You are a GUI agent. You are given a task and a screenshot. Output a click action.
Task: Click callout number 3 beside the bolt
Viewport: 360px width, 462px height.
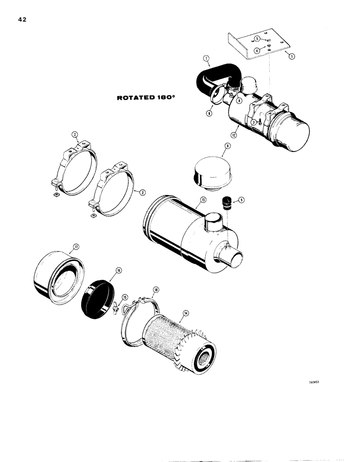click(253, 122)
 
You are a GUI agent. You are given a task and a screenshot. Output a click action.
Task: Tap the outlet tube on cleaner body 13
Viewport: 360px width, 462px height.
click(234, 255)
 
